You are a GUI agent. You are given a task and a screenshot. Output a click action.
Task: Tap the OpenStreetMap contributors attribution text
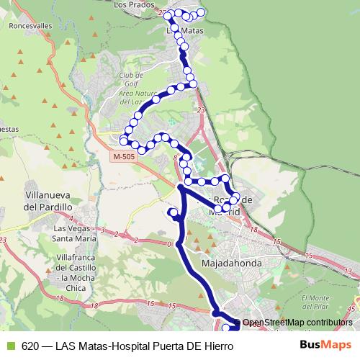tap(297, 323)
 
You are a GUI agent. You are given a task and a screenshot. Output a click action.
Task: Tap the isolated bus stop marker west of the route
tap(173, 212)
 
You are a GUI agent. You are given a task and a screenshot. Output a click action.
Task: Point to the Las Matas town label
tap(184, 32)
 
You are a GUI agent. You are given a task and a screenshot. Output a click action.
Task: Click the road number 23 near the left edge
tap(4, 238)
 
